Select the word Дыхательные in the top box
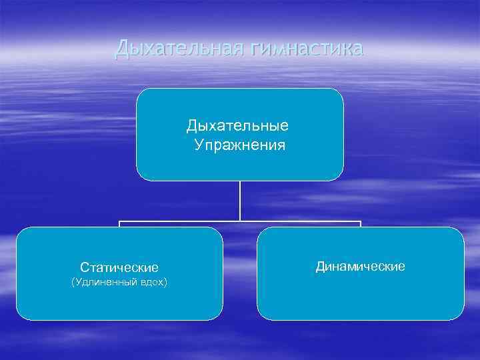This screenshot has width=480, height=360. coord(237,125)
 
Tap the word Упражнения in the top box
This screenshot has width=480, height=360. coord(240,145)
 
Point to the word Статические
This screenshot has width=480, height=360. coord(119,267)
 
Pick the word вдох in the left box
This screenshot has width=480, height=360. coord(153,283)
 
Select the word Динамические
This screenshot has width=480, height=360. coord(360,266)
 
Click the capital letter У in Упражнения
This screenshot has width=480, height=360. coord(199,145)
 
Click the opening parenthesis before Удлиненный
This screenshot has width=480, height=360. coord(72,283)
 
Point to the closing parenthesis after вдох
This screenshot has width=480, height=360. coord(166,283)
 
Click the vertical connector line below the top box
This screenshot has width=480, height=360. coord(240,200)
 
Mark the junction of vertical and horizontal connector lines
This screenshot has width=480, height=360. coord(240,221)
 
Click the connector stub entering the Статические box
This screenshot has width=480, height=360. coord(120,224)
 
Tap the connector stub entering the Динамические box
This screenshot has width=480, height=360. coord(360,224)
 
